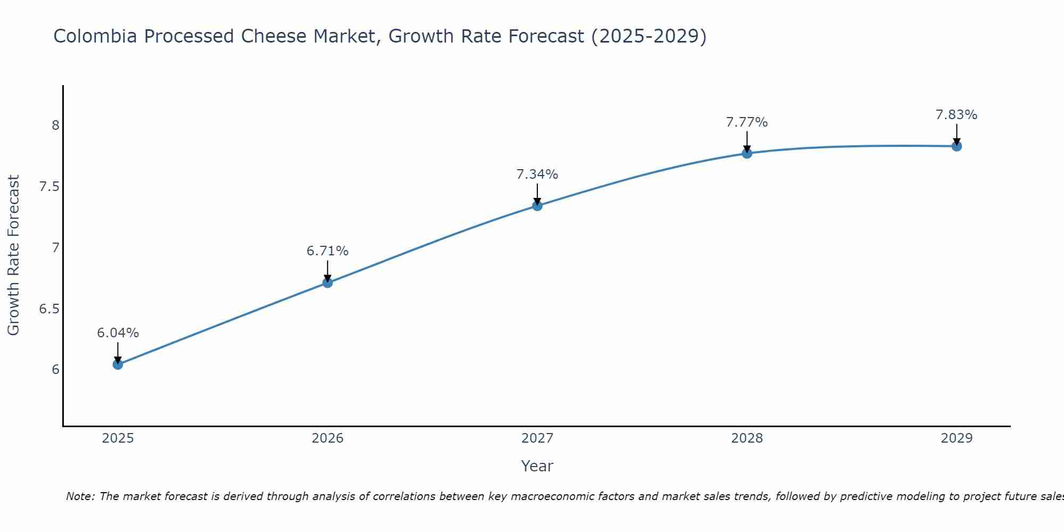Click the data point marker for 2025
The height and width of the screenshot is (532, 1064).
point(118,364)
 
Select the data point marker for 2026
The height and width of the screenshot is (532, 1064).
point(328,282)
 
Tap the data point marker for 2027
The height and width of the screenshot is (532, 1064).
point(537,206)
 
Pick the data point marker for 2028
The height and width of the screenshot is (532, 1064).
point(747,153)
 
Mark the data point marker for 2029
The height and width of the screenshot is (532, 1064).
point(957,146)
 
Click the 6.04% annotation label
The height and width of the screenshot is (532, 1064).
point(118,333)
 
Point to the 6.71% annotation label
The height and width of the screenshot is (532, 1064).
point(328,251)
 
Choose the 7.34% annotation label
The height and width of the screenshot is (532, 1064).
point(537,174)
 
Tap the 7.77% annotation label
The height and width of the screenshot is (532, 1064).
point(747,122)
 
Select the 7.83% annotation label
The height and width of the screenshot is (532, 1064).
point(957,115)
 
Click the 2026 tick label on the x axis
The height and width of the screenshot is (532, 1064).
point(328,438)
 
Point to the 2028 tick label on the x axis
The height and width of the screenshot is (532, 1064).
point(747,438)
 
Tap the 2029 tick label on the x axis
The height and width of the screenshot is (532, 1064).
point(957,438)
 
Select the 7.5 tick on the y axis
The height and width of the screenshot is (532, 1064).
point(49,187)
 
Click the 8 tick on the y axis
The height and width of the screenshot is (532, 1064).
point(55,126)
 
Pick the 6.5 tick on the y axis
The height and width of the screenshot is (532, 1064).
point(49,309)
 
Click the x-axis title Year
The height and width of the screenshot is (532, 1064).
point(537,466)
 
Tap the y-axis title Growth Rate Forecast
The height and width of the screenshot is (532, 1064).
point(13,255)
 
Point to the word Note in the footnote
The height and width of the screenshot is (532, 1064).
point(80,496)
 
